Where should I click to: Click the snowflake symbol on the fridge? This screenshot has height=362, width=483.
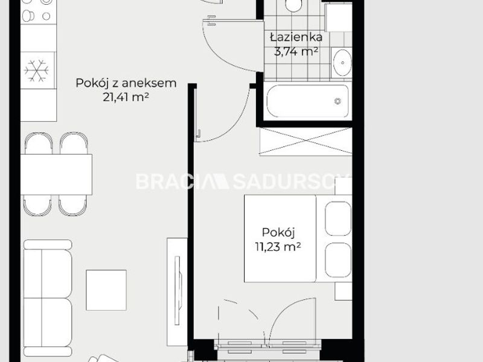[x=36, y=71]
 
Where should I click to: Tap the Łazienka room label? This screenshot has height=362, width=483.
[x=296, y=37]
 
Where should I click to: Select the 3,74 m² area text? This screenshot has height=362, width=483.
[x=296, y=51]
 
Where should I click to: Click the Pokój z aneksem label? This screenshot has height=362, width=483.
[x=126, y=83]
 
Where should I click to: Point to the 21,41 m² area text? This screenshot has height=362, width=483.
[x=126, y=97]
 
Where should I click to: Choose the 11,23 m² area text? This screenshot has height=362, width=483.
[x=278, y=247]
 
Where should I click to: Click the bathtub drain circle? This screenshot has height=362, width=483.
[x=338, y=101]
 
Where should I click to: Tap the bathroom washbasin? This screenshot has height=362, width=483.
[x=342, y=63]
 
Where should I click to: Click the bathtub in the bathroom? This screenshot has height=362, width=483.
[x=307, y=101]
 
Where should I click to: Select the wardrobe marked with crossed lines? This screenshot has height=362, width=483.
[x=305, y=141]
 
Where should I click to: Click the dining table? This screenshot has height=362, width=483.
[x=56, y=174]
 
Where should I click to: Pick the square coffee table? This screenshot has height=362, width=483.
[x=106, y=290]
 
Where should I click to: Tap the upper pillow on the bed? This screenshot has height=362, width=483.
[x=338, y=218]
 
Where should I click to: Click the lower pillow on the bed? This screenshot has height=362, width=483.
[x=338, y=260]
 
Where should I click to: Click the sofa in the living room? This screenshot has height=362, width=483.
[x=48, y=298]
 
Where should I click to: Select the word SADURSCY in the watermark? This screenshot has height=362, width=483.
[x=291, y=182]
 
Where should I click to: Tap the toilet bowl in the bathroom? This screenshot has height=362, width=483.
[x=293, y=5]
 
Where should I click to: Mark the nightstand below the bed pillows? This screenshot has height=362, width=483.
[x=344, y=291]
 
